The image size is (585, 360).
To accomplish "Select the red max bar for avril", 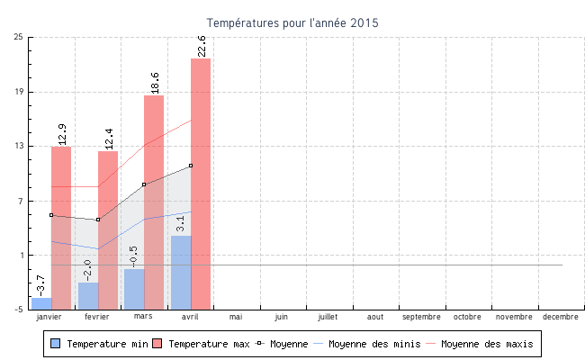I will pyautogui.click(x=201, y=180).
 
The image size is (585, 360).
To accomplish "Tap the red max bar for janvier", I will pyautogui.click(x=61, y=225).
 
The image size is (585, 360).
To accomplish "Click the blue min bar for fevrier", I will pyautogui.click(x=88, y=295).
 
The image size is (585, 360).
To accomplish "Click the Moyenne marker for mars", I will pyautogui.click(x=144, y=184).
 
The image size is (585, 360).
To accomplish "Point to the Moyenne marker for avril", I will pyautogui.click(x=191, y=166).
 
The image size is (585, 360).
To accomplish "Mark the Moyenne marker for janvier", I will pyautogui.click(x=51, y=215).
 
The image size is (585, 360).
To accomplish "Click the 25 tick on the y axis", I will pyautogui.click(x=19, y=37).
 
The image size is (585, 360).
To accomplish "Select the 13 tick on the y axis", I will pyautogui.click(x=19, y=146).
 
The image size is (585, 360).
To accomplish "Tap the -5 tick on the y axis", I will pyautogui.click(x=19, y=310).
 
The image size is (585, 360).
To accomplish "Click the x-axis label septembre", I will pyautogui.click(x=421, y=317).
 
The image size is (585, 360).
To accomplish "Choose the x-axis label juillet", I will pyautogui.click(x=328, y=317).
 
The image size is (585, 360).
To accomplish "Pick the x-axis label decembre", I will pyautogui.click(x=561, y=317).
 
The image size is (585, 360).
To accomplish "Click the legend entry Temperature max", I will pyautogui.click(x=201, y=344).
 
